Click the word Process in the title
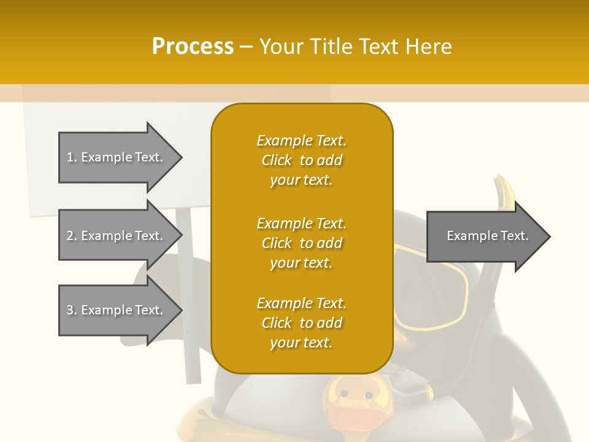click(193, 46)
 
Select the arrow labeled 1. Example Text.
click(117, 157)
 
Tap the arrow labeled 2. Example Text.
click(117, 236)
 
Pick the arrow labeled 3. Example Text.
click(117, 310)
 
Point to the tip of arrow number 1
click(181, 158)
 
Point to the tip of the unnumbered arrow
click(549, 236)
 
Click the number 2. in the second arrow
click(71, 236)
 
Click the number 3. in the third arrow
click(71, 310)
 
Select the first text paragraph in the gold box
click(301, 160)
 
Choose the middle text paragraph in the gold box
click(301, 243)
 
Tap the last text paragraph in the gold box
click(301, 323)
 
